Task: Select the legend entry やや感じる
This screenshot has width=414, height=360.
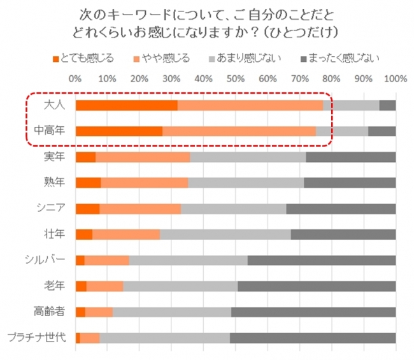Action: (167, 59)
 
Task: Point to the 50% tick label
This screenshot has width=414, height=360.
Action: (235, 79)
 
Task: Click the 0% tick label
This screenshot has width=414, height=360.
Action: (75, 79)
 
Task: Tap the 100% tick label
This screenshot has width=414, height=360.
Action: (395, 79)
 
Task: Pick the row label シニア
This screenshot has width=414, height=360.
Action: (51, 208)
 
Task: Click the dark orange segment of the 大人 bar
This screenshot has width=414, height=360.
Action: (126, 106)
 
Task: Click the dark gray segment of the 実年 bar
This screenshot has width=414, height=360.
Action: (350, 157)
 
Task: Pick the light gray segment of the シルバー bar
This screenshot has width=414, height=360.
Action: (188, 260)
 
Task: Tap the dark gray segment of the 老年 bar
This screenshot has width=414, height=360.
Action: (317, 286)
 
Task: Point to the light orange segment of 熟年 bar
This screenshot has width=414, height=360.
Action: (144, 183)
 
